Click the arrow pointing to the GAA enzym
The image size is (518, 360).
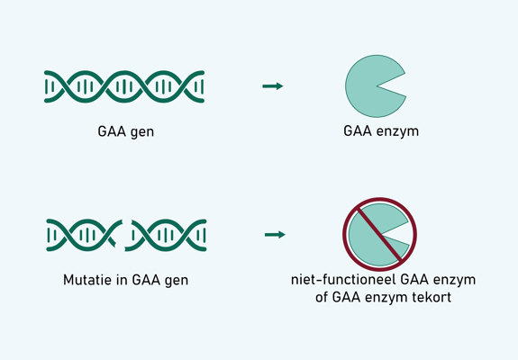pyautogui.click(x=272, y=85)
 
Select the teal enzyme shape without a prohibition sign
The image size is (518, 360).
pyautogui.click(x=370, y=86)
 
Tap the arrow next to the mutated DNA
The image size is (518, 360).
pyautogui.click(x=274, y=236)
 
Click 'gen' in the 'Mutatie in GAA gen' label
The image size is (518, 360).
pyautogui.click(x=177, y=280)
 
